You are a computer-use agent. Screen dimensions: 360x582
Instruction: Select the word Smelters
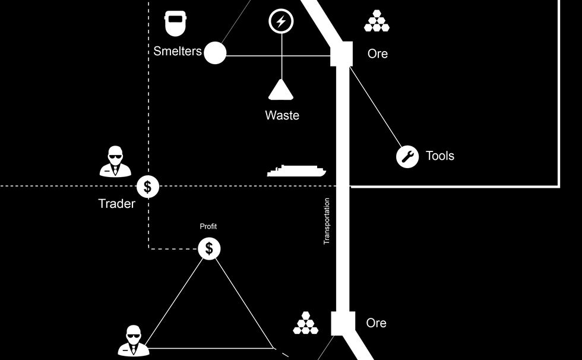click(x=178, y=51)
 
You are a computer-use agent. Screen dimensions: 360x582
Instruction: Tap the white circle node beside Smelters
click(x=215, y=53)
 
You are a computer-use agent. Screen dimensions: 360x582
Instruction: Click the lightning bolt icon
click(x=281, y=22)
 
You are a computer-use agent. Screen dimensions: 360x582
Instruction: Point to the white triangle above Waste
click(x=281, y=90)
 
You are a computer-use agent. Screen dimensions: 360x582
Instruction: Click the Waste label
click(x=282, y=115)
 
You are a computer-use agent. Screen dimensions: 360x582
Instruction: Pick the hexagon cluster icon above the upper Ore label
click(x=377, y=21)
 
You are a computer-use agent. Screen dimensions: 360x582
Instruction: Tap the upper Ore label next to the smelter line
click(x=378, y=53)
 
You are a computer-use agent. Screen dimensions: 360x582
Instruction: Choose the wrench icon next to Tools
click(x=407, y=156)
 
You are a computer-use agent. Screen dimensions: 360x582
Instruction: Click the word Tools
click(x=440, y=156)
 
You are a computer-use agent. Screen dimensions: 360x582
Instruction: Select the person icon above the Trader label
click(x=115, y=161)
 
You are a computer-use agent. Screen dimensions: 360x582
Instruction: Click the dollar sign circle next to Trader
click(x=148, y=187)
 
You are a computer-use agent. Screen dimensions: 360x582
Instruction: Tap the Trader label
click(x=116, y=204)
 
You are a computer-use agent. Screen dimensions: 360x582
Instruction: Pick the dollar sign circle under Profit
click(x=209, y=248)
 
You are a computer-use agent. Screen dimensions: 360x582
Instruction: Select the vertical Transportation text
click(x=326, y=221)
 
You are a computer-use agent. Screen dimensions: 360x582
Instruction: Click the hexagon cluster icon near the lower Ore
click(x=306, y=323)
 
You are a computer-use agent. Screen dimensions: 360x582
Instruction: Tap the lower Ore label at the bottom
click(x=377, y=323)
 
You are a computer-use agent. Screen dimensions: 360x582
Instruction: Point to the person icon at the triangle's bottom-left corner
click(x=132, y=341)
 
